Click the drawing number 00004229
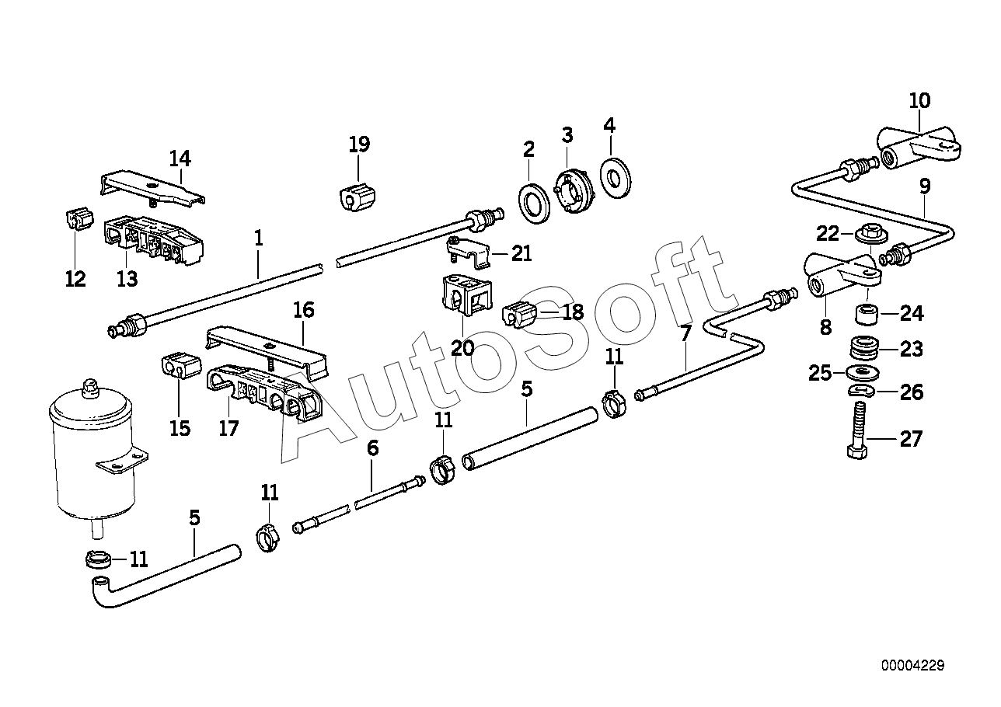pyautogui.click(x=913, y=666)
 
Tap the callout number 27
pyautogui.click(x=911, y=439)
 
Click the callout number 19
pyautogui.click(x=359, y=144)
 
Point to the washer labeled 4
pyautogui.click(x=616, y=177)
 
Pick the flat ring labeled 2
pyautogui.click(x=535, y=203)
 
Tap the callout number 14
pyautogui.click(x=180, y=158)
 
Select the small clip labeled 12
pyautogui.click(x=79, y=219)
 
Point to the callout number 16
pyautogui.click(x=304, y=310)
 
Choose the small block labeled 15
pyautogui.click(x=180, y=366)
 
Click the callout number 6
pyautogui.click(x=373, y=448)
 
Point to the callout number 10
pyautogui.click(x=919, y=101)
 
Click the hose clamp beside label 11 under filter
pyautogui.click(x=98, y=560)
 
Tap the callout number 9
pyautogui.click(x=924, y=186)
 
